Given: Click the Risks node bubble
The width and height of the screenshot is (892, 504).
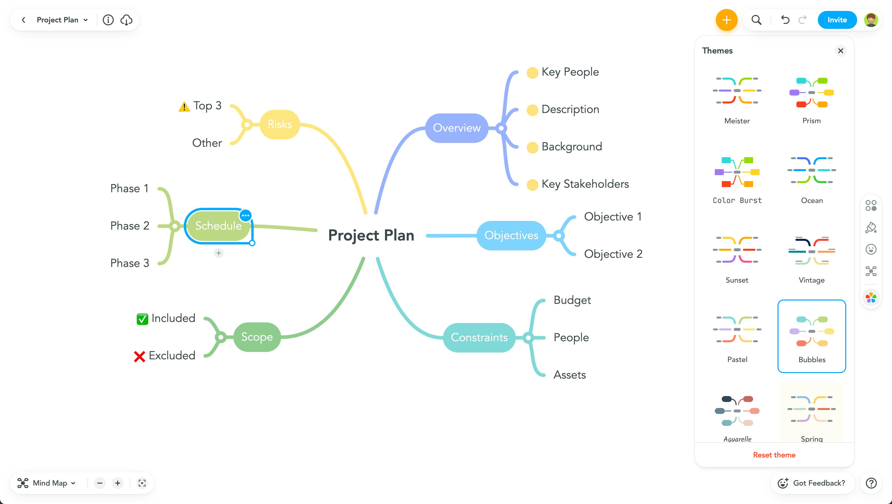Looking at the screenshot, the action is coord(280,124).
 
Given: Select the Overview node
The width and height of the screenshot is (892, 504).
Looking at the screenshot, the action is coord(457,128).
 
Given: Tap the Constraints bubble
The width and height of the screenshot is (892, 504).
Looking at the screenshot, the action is coord(479,338).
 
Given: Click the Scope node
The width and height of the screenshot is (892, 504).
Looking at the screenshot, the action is coord(257,337).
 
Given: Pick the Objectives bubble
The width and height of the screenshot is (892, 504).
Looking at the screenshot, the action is coord(511,235).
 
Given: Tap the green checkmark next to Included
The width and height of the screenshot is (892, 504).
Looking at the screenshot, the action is coord(142,319).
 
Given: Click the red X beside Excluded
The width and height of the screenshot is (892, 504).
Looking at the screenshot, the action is coord(140,356).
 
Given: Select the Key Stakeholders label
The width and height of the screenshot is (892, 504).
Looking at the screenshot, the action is coord(585,184).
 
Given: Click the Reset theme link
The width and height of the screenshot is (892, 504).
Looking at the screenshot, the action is coord(774,455).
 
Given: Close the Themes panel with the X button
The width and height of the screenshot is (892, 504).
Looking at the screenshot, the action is coord(840,51).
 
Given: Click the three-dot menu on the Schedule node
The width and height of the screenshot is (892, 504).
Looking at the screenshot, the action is coord(245,216).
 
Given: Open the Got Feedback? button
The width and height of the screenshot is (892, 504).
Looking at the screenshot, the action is coord(812,483).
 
